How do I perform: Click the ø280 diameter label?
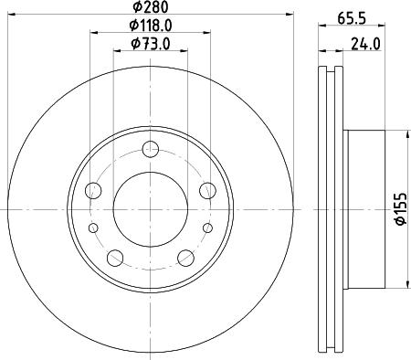tap(152, 9)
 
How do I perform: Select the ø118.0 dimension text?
tap(151, 26)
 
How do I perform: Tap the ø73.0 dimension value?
tap(151, 44)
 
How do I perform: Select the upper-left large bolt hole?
tap(93, 191)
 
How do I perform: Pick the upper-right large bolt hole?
tap(207, 191)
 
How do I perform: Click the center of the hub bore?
tap(151, 210)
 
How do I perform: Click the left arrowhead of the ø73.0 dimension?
tap(116, 53)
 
